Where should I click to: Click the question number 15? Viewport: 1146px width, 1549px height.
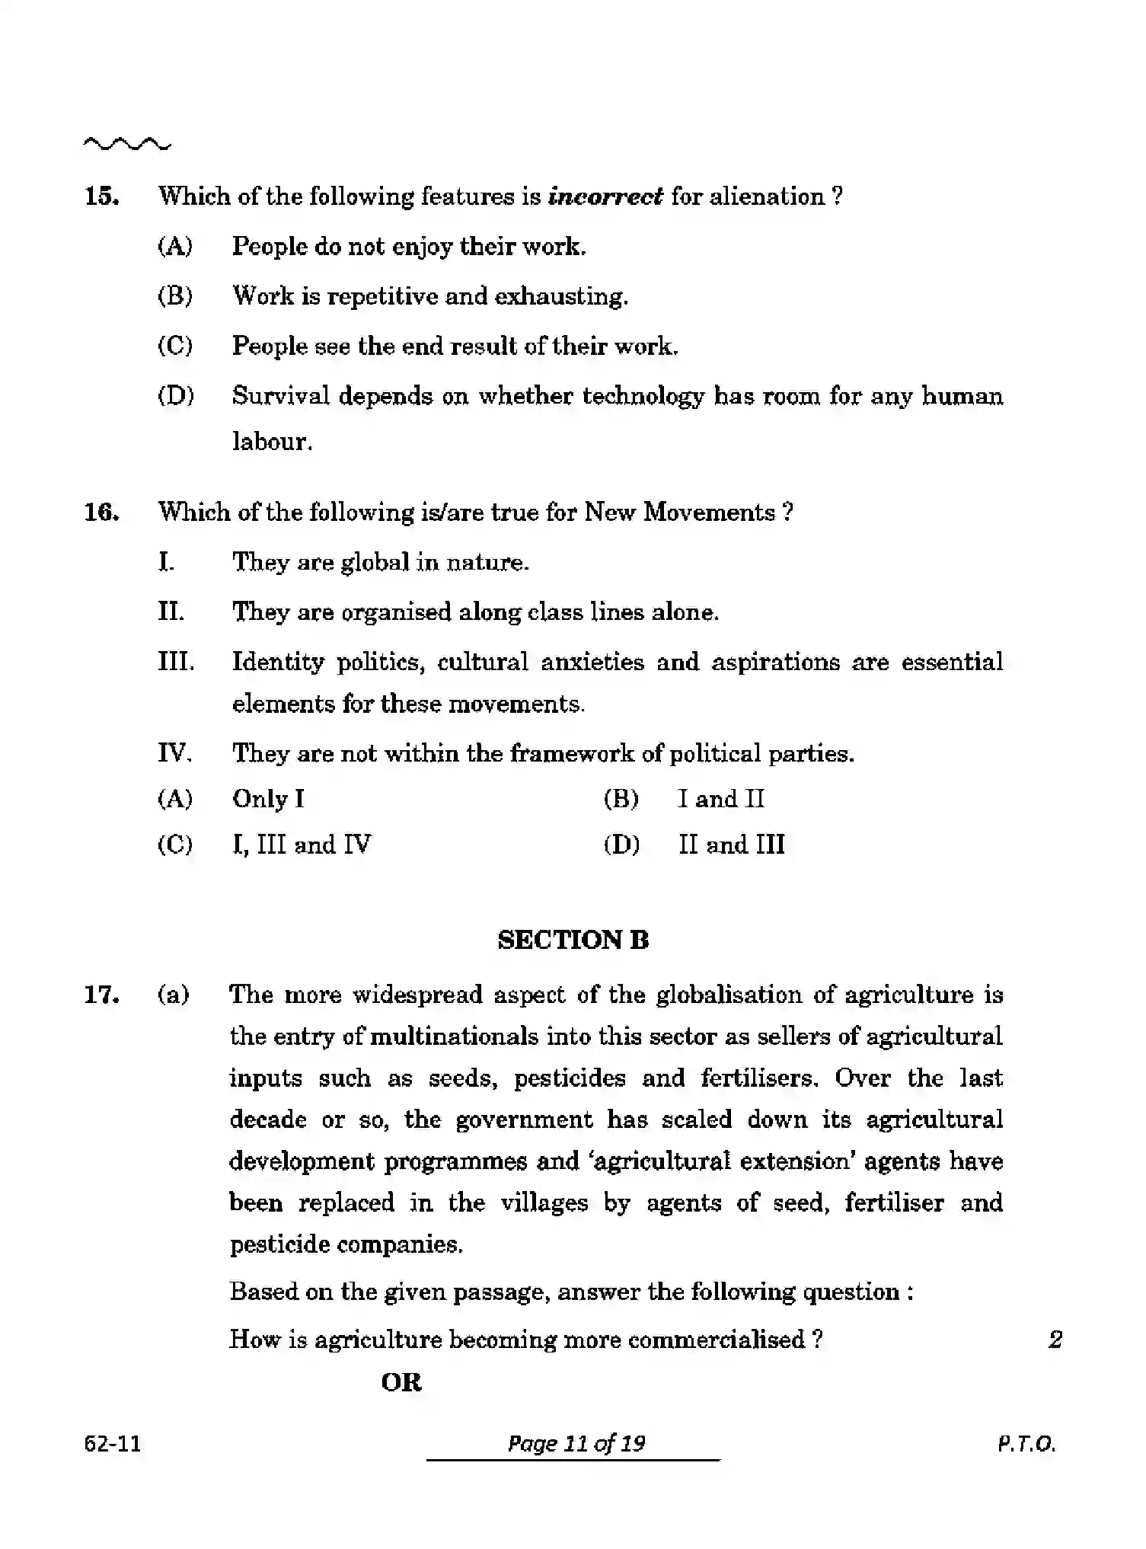(x=101, y=197)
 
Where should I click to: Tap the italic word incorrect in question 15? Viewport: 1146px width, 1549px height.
(x=605, y=197)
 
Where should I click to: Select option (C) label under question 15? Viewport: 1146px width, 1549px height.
(x=175, y=347)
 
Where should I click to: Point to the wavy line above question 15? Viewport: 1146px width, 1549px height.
(x=127, y=143)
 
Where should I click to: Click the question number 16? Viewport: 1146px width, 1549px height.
(x=101, y=513)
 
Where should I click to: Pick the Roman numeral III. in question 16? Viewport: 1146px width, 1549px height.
(x=176, y=662)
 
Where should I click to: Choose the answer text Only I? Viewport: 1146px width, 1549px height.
(x=268, y=799)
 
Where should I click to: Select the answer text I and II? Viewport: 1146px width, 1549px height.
(x=720, y=799)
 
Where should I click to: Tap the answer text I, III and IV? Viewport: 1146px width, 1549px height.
(x=302, y=845)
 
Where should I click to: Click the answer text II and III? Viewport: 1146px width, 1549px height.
(x=731, y=845)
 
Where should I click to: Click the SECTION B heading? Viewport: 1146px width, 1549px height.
(x=573, y=941)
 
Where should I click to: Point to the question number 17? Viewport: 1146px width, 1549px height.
(x=101, y=995)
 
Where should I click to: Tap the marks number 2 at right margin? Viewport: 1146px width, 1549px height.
(x=1055, y=1340)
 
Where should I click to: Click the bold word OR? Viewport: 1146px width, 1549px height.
(x=401, y=1382)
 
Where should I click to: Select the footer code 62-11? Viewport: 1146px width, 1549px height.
(x=113, y=1444)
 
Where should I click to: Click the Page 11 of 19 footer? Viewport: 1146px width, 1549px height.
(x=576, y=1444)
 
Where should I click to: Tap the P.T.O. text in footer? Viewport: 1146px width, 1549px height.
(x=1026, y=1444)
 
